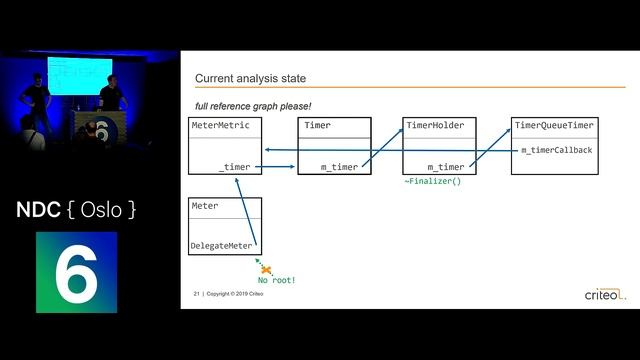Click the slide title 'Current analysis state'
250,78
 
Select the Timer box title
317,126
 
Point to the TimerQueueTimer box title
553,126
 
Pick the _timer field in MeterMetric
235,167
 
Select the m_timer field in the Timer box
338,167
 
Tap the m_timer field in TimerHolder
445,167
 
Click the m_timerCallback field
556,150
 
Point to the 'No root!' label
276,280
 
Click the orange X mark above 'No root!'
266,269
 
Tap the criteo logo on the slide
605,294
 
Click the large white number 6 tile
76,272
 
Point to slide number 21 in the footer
196,294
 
